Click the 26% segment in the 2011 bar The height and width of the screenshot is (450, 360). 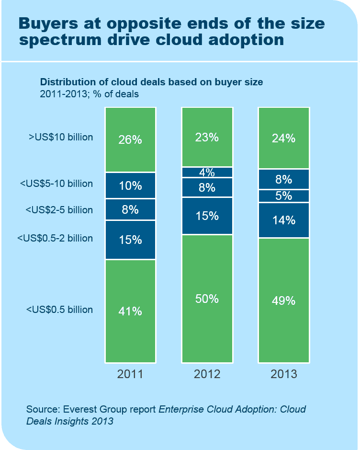[x=130, y=139]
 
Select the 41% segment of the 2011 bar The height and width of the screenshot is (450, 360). [x=130, y=311]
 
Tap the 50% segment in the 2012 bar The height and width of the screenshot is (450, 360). [x=207, y=298]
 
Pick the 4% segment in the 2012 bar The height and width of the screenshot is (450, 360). [x=207, y=172]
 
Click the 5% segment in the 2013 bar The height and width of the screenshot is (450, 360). [x=284, y=196]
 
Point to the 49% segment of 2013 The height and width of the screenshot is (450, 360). [x=284, y=300]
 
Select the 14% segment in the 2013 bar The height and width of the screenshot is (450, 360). [x=284, y=220]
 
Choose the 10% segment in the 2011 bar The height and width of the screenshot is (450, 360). [x=130, y=185]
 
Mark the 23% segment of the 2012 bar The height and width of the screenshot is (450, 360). [x=207, y=137]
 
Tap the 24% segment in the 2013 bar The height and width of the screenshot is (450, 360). [x=284, y=138]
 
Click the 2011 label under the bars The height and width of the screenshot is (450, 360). [x=130, y=374]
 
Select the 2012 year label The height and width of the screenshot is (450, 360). [x=207, y=374]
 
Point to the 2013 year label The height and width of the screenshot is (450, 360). [x=284, y=374]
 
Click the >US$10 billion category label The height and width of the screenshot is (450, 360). [x=61, y=138]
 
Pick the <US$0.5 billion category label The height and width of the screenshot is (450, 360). [x=59, y=310]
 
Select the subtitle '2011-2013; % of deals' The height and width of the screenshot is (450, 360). [x=89, y=94]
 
